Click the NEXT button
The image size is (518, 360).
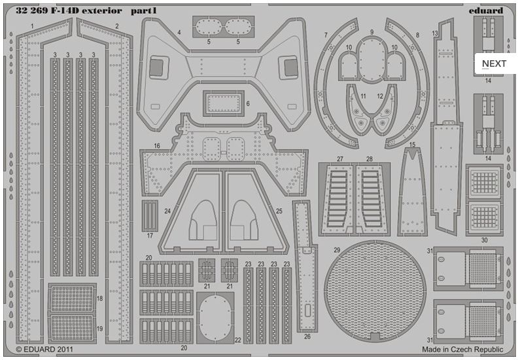494,63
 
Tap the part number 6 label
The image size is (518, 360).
247,104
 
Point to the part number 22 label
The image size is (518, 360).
238,340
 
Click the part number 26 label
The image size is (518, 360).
307,336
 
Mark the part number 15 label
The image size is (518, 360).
412,145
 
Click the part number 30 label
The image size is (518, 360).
484,240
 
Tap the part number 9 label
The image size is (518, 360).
371,32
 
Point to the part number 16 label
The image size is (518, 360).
157,146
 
